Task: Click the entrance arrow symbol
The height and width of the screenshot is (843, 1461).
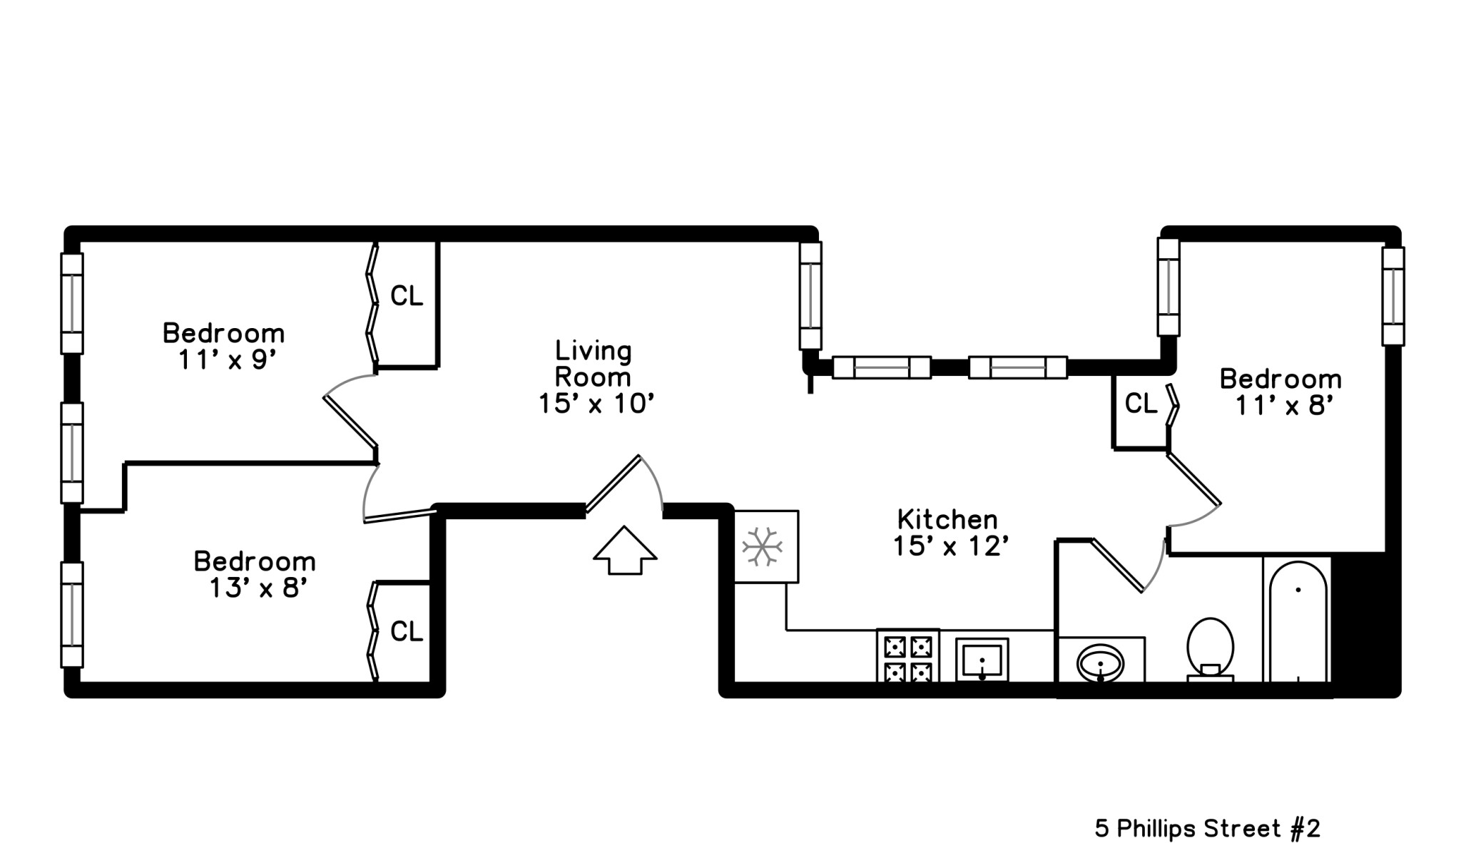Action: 624,550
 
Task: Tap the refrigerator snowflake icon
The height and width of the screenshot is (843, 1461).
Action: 763,547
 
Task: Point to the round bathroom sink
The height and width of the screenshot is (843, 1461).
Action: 1100,663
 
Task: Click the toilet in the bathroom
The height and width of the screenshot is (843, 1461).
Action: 1210,648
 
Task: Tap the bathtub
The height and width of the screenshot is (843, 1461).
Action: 1297,620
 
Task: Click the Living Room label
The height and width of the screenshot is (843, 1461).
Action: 594,377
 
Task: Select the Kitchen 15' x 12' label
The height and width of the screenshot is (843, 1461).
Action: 949,532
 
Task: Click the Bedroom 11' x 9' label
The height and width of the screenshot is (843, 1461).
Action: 224,346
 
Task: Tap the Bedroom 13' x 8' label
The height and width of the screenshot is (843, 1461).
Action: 255,574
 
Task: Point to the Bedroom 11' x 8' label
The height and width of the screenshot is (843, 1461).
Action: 1281,392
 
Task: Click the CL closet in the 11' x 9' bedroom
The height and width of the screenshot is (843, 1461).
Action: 407,296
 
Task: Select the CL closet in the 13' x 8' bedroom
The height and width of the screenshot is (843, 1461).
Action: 407,631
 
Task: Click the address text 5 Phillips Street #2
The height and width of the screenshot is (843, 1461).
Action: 1207,828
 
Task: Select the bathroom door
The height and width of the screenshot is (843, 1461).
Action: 1121,563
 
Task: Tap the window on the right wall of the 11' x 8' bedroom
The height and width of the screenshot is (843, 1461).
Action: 1393,296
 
